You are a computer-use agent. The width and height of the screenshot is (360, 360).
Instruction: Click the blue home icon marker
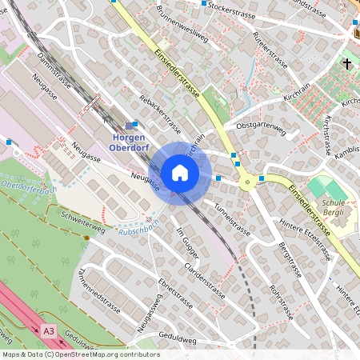pos(180,173)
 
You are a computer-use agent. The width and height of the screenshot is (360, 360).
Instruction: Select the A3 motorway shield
pos(50,330)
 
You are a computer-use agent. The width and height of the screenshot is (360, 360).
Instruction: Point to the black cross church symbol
pos(347,62)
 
